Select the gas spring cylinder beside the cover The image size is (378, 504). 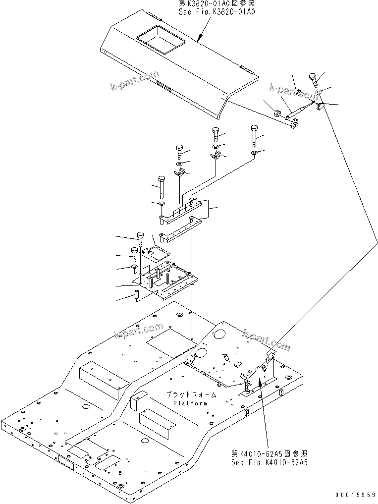(x=300, y=110)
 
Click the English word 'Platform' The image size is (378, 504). (x=191, y=403)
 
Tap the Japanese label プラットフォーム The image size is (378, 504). (x=191, y=394)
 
